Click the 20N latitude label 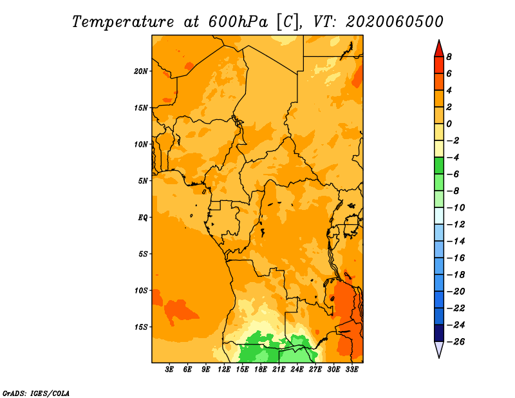tap(140, 71)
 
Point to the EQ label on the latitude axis tap(142, 218)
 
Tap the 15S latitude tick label tap(141, 327)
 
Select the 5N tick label tap(143, 181)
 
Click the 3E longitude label tap(169, 370)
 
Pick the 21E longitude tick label tap(279, 370)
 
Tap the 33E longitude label tap(351, 370)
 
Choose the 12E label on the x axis tap(223, 370)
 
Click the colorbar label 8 tap(449, 57)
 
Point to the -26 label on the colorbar tap(456, 342)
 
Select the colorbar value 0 tap(449, 124)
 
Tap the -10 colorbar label tap(456, 208)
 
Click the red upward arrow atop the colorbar tap(439, 49)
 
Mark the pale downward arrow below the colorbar tap(439, 348)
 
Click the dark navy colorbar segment tap(439, 333)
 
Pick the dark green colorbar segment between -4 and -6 tap(439, 166)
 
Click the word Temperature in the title tap(123, 23)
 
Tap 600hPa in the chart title tap(238, 22)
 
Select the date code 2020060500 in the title tap(395, 22)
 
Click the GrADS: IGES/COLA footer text tap(36, 393)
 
